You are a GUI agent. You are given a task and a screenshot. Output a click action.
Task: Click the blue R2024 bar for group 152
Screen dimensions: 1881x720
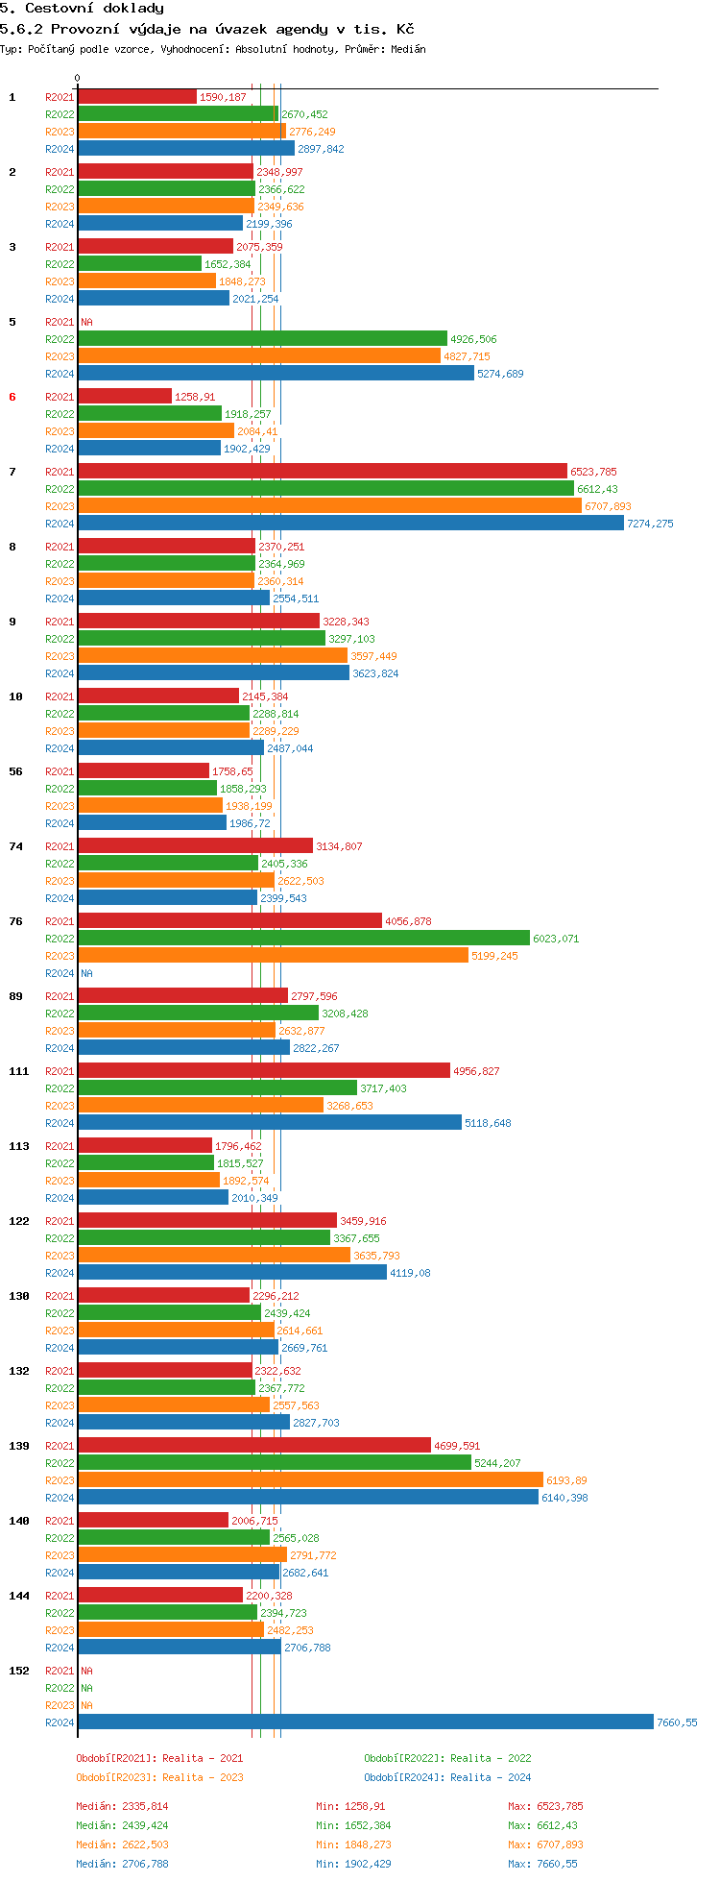pyautogui.click(x=365, y=1722)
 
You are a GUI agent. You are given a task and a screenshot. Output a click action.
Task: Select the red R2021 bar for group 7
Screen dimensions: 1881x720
pyautogui.click(x=322, y=471)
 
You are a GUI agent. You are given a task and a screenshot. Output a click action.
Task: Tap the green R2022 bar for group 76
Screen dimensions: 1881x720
pyautogui.click(x=303, y=939)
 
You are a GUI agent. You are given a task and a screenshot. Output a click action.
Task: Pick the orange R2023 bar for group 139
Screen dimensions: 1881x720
pyautogui.click(x=310, y=1480)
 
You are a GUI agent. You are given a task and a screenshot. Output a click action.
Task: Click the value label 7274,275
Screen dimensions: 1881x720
pyautogui.click(x=650, y=525)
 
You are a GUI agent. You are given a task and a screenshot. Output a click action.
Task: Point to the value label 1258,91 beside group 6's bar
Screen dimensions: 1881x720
pyautogui.click(x=195, y=398)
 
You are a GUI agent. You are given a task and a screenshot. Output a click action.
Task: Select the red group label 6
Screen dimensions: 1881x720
pyautogui.click(x=12, y=397)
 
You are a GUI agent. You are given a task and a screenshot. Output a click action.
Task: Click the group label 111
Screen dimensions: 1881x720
pyautogui.click(x=19, y=1071)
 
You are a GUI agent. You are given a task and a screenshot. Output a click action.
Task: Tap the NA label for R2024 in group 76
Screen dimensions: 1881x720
pyautogui.click(x=86, y=974)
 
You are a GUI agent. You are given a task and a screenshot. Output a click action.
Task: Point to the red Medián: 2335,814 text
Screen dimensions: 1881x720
pyautogui.click(x=122, y=1806)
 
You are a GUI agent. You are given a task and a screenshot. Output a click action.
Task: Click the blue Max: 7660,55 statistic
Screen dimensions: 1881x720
pyautogui.click(x=545, y=1864)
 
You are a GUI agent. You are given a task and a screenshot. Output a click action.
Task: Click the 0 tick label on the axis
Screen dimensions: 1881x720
pyautogui.click(x=77, y=79)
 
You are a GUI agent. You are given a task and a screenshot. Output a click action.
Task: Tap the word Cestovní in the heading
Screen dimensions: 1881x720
pyautogui.click(x=61, y=9)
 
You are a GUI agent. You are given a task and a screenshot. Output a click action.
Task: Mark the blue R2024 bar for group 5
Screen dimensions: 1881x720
pyautogui.click(x=276, y=374)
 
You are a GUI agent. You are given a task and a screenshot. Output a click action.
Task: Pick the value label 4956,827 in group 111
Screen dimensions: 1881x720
pyautogui.click(x=476, y=1072)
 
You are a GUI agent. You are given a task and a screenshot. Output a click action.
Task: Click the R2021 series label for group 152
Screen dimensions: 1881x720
pyautogui.click(x=60, y=1672)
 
